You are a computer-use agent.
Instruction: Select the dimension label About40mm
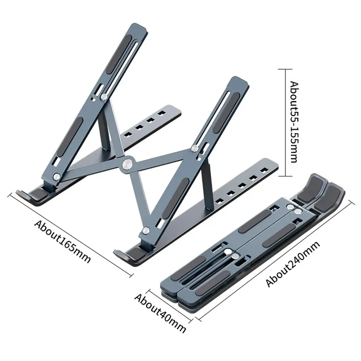pos(160,312)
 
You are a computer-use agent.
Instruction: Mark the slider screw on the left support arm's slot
pos(105,97)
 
